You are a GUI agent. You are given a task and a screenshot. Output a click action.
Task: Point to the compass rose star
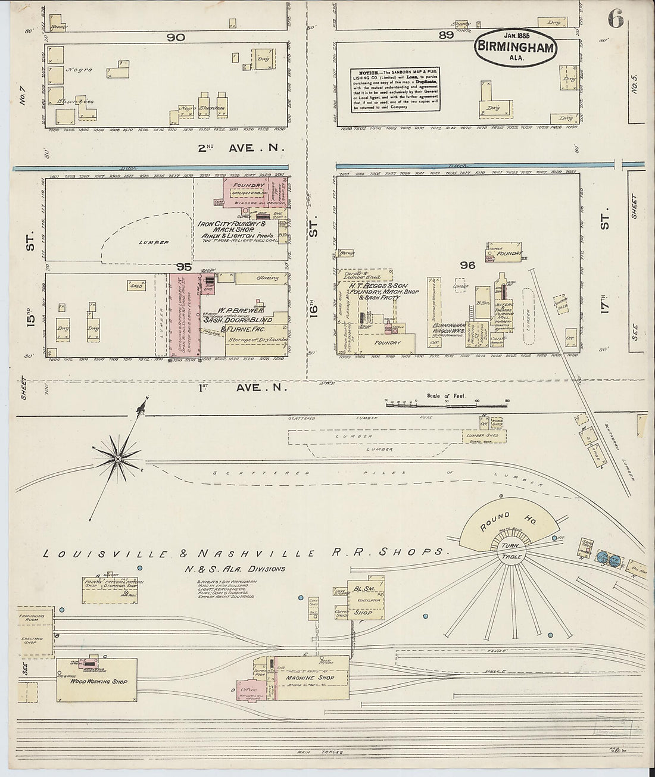[x=118, y=459]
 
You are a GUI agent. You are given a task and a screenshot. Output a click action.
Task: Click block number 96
[x=467, y=265]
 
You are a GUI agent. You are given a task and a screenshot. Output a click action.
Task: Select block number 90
[x=176, y=37]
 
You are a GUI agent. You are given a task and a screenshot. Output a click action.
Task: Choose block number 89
[x=446, y=35]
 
